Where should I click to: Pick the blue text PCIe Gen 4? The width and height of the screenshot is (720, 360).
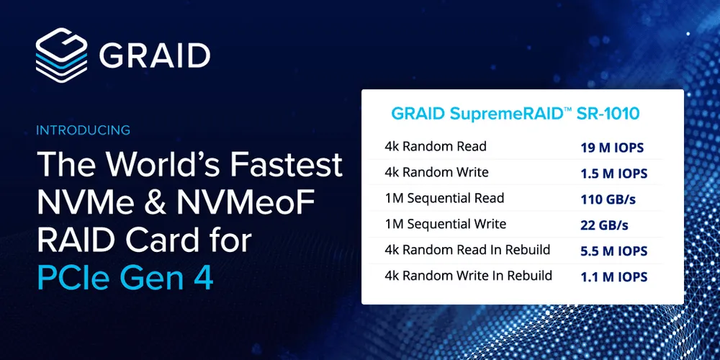(x=125, y=278)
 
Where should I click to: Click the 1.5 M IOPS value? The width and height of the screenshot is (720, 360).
(x=614, y=174)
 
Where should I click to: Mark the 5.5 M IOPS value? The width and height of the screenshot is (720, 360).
(x=614, y=251)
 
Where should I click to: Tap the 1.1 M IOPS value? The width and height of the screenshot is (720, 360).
(x=613, y=276)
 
